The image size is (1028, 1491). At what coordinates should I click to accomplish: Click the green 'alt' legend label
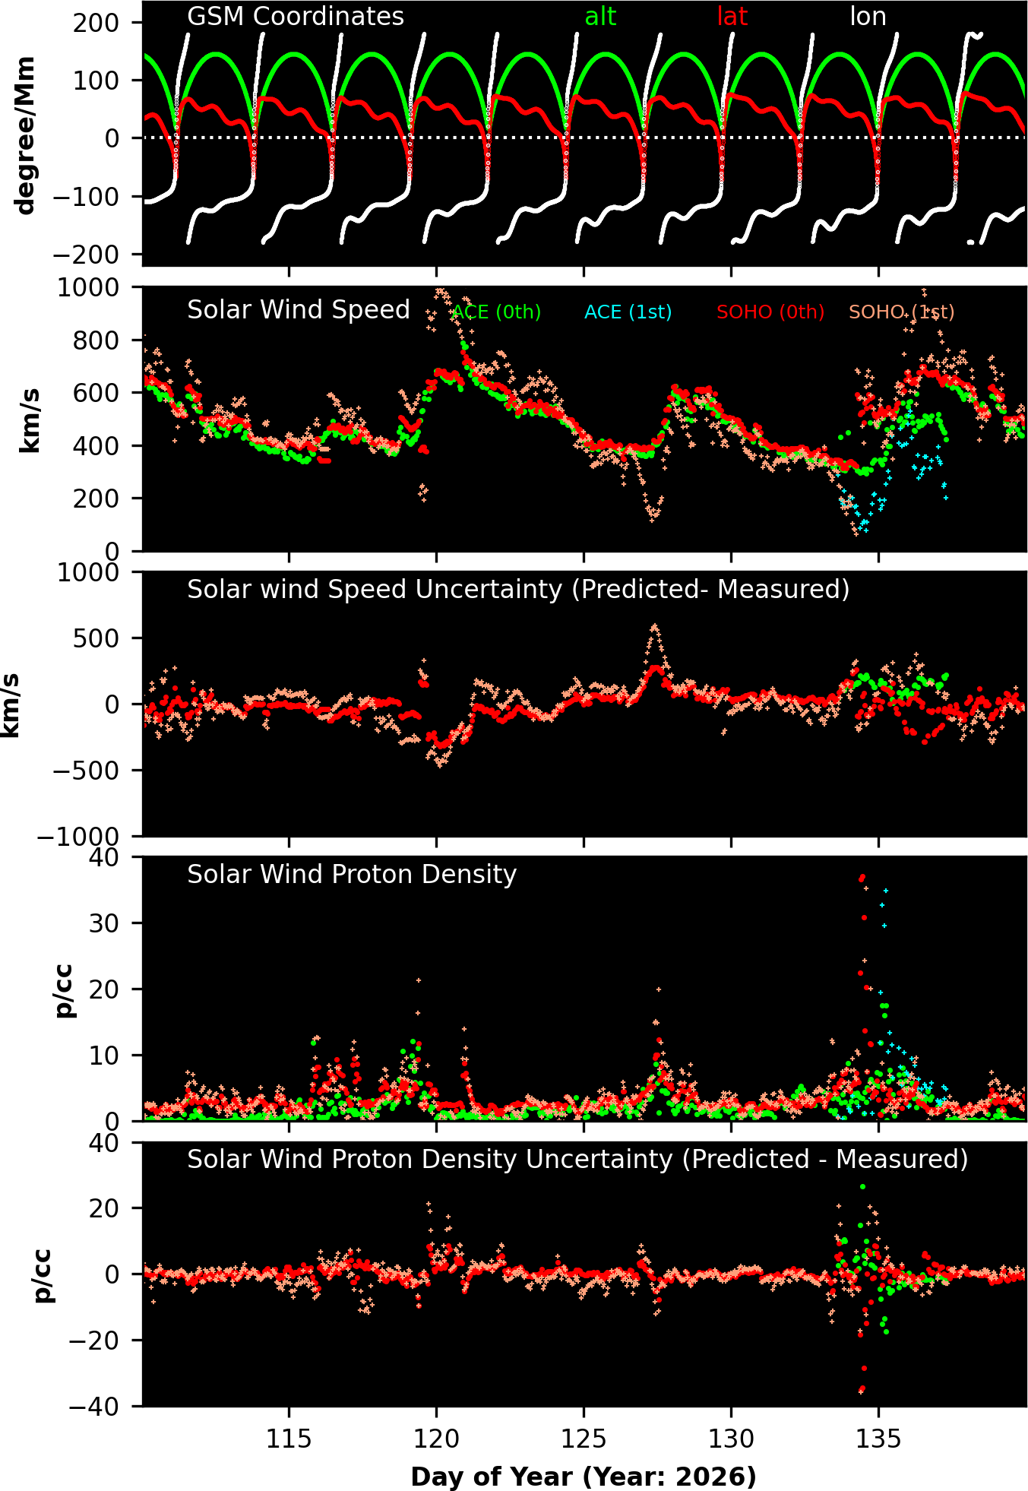(599, 17)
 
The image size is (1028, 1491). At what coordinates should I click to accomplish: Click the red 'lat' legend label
(732, 17)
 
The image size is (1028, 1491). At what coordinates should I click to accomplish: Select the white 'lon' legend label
(868, 17)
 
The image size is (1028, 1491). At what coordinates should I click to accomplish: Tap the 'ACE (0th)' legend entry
(496, 312)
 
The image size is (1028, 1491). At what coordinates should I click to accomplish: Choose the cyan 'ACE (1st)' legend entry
(628, 312)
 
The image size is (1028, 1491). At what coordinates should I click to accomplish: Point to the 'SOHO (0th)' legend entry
(770, 312)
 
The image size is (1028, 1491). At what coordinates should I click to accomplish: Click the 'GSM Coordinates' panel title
(296, 17)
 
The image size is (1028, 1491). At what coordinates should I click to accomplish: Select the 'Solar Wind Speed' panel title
(299, 310)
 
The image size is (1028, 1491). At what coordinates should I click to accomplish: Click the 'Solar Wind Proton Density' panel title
(352, 875)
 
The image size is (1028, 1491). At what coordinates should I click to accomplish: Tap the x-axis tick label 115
(289, 1439)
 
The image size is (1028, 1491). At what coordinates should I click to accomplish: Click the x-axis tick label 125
(584, 1439)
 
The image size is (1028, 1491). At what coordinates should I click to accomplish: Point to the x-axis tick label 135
(878, 1439)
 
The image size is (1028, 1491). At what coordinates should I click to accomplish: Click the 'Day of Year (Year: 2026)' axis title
(584, 1477)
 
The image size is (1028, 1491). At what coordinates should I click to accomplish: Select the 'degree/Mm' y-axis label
(25, 135)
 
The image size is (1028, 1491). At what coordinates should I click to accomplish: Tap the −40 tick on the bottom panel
(94, 1407)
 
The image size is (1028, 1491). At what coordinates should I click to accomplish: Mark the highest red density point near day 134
(862, 878)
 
